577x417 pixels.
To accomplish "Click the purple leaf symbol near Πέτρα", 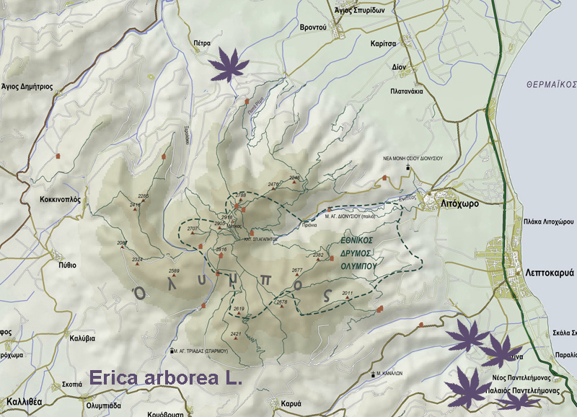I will [x=228, y=65].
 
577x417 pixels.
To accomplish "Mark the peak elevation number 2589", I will [x=174, y=271].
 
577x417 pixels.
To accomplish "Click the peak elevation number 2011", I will [x=348, y=293].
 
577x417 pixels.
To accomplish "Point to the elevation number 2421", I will [x=236, y=334].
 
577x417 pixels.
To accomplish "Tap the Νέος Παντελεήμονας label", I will [x=506, y=377].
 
